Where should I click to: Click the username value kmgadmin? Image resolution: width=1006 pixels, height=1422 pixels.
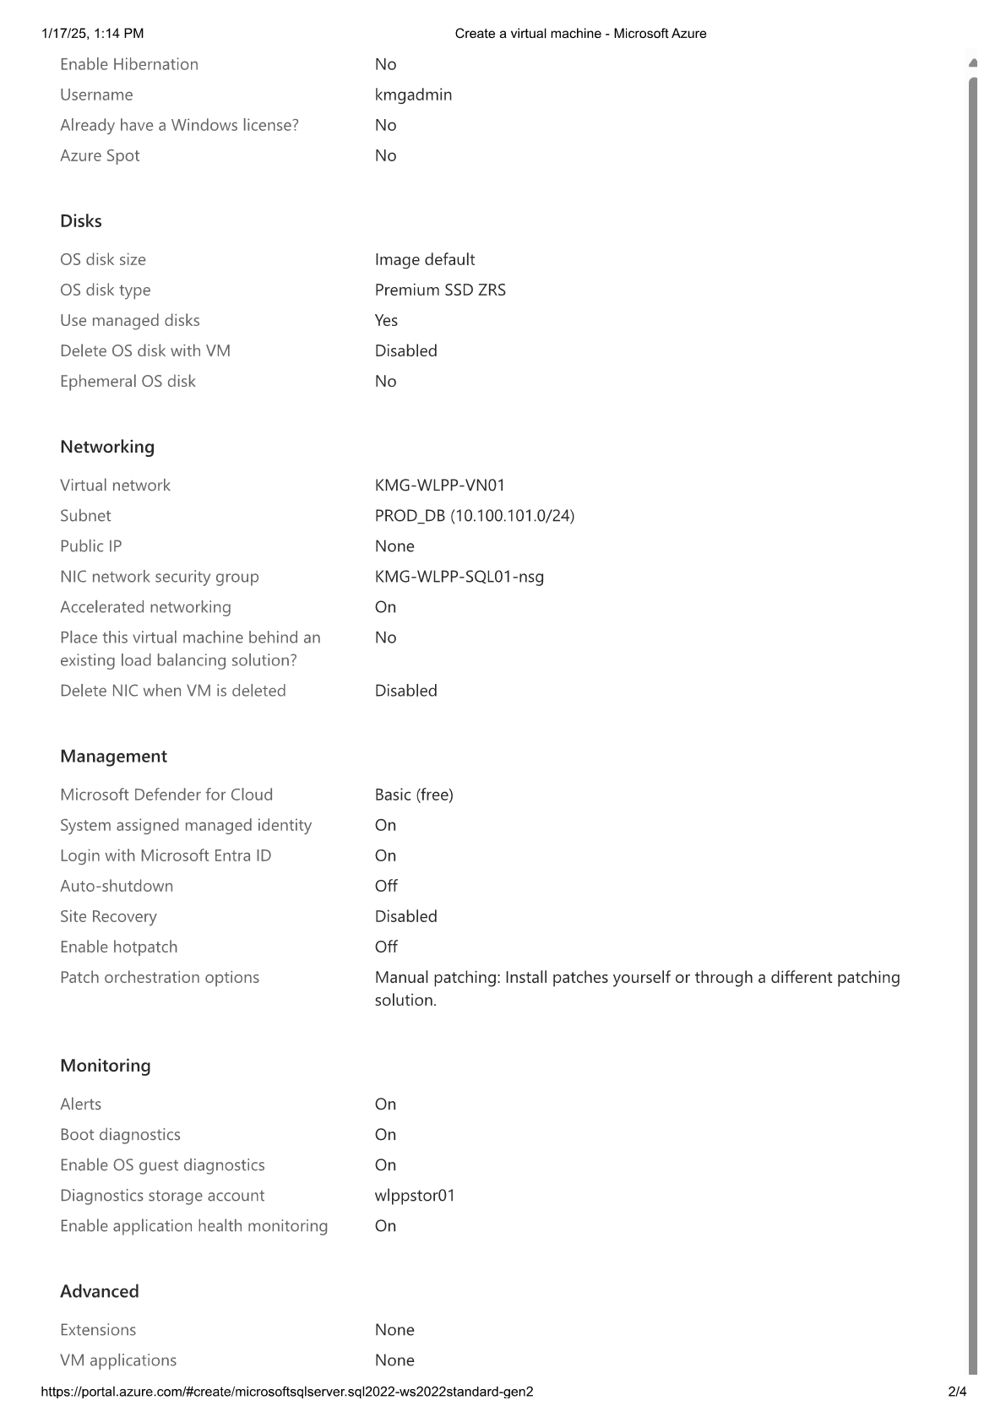(x=413, y=95)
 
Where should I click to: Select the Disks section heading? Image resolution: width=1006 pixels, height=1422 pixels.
(x=81, y=221)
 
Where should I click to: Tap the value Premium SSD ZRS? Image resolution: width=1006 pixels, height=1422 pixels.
(x=440, y=290)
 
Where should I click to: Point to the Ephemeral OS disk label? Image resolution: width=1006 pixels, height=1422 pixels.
(x=128, y=381)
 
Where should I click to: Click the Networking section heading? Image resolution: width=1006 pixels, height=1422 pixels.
(x=107, y=447)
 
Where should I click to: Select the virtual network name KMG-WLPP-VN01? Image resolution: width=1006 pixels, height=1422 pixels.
(x=439, y=485)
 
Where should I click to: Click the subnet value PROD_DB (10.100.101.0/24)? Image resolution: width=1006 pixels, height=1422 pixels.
(x=474, y=515)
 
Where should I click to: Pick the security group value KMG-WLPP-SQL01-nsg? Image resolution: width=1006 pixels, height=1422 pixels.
(x=459, y=577)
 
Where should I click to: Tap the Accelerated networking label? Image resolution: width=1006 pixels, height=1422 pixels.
(x=145, y=607)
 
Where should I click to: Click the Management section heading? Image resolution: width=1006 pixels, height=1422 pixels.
(x=113, y=757)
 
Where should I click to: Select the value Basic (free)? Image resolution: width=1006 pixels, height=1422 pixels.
(x=414, y=795)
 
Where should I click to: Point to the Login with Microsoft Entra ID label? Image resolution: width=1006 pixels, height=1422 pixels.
(x=166, y=855)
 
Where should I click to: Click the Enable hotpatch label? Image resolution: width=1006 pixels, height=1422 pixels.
(x=119, y=947)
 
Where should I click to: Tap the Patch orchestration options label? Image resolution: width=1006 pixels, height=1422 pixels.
(x=160, y=977)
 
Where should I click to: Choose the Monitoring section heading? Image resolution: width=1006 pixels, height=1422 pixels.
(x=106, y=1066)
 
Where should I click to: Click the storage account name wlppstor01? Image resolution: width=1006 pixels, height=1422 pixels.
(x=415, y=1195)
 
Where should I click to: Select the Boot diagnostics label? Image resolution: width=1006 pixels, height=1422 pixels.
(x=120, y=1134)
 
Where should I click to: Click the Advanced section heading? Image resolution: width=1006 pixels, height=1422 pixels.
(x=100, y=1291)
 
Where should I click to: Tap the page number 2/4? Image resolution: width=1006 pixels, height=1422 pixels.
(x=956, y=1392)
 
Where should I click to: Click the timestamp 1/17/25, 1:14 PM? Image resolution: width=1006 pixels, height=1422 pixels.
(x=92, y=34)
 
